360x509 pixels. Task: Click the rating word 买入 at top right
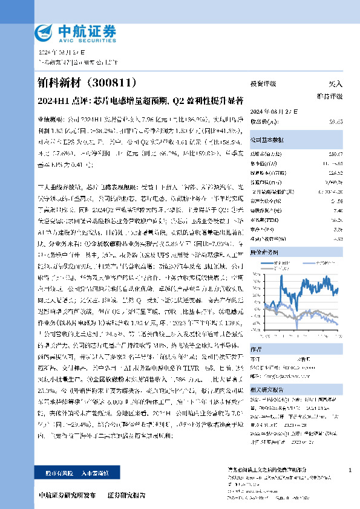336,83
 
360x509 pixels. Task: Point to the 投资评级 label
263,83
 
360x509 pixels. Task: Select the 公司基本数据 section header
269,140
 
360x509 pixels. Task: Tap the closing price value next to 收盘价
335,122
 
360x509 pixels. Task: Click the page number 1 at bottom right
350,470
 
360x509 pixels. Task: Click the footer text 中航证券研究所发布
67,495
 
